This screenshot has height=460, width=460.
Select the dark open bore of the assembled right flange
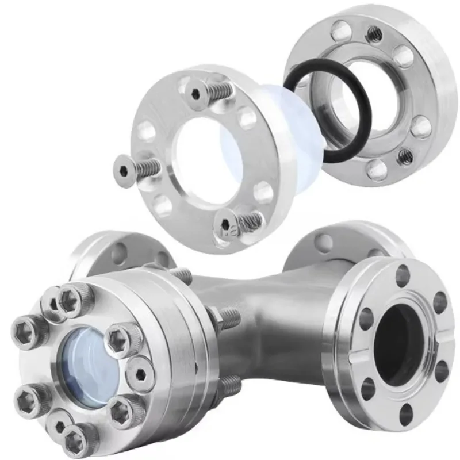coord(397,345)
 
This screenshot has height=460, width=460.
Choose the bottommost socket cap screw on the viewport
coord(76,439)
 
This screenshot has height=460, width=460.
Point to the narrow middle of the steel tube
coord(259,322)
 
